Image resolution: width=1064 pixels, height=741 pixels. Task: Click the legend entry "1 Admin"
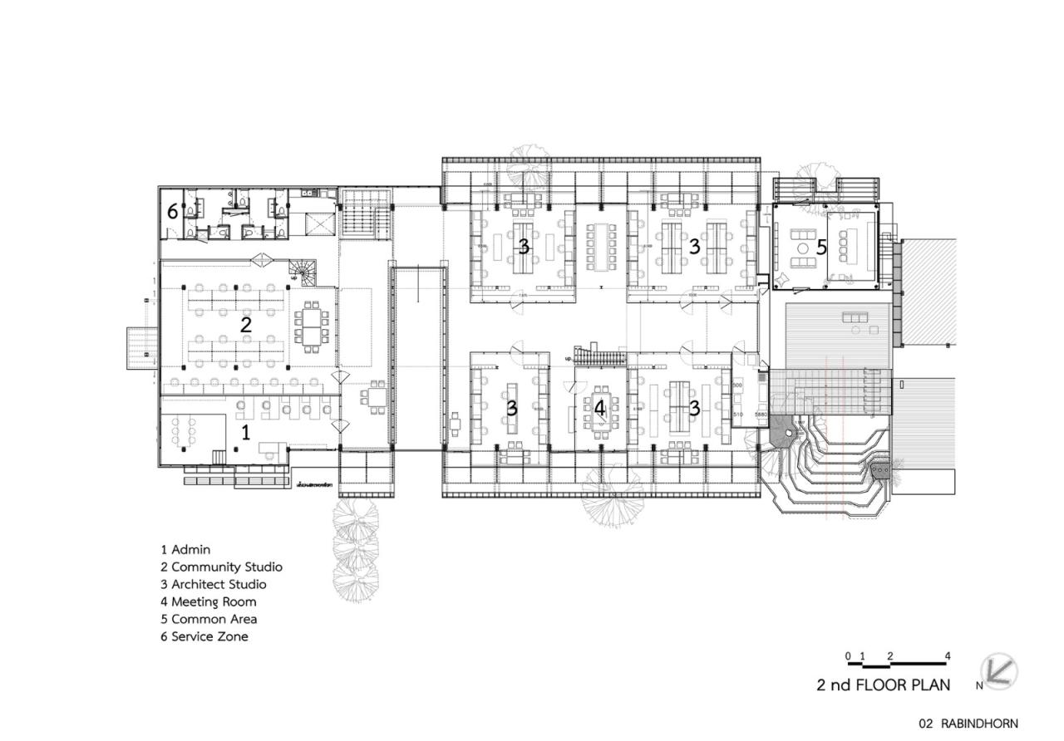click(185, 549)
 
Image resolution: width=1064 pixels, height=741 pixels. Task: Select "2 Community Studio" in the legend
click(221, 567)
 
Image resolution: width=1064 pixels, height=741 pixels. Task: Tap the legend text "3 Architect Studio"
click(214, 584)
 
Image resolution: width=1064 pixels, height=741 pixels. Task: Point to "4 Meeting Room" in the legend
click(209, 601)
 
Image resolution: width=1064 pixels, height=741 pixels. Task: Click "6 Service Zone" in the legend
click(204, 636)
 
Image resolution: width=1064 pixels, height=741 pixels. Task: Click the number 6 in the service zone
click(172, 212)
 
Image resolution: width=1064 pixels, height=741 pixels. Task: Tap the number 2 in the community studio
click(245, 325)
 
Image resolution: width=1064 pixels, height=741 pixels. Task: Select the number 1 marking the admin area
click(245, 432)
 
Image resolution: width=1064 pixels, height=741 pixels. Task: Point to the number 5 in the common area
click(821, 247)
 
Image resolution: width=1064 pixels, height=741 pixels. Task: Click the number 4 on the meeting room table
click(600, 408)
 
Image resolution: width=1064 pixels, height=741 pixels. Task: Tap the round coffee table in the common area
click(803, 248)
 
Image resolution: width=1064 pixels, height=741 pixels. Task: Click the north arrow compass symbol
click(996, 671)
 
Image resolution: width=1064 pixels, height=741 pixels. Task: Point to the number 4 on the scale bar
click(948, 656)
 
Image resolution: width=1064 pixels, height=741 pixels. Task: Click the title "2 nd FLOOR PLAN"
click(883, 685)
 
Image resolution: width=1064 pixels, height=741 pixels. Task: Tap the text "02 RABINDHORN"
click(968, 724)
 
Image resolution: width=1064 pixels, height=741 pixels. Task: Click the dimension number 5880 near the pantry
click(761, 415)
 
